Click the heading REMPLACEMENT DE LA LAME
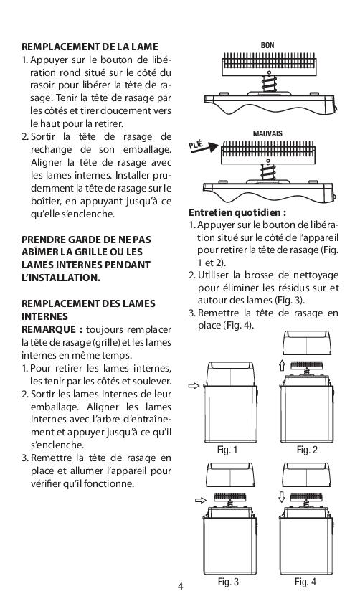pos(90,47)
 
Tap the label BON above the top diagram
pos(267,45)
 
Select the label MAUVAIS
pos(267,133)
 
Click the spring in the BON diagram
pos(269,84)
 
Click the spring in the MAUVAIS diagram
pos(268,172)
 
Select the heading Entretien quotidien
pos(237,212)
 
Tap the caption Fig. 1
pos(227,450)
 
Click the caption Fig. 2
pos(307,450)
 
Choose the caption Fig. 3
pos(228,582)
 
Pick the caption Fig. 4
pos(305,582)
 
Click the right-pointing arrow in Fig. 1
pos(194,386)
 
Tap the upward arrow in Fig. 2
pos(282,365)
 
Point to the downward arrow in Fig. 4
pos(281,497)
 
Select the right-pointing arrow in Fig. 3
pos(200,500)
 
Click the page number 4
pos(181,586)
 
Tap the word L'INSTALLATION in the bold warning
pos(61,278)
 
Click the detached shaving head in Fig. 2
pos(307,342)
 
